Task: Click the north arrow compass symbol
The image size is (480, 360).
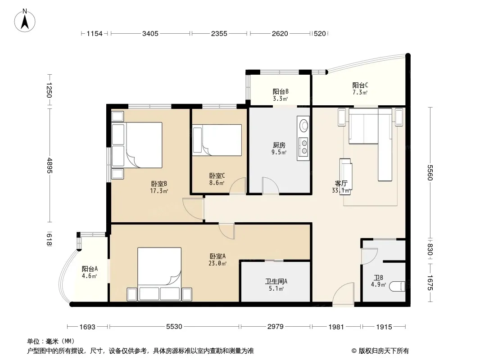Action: tap(25, 21)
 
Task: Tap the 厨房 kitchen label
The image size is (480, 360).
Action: tap(279, 145)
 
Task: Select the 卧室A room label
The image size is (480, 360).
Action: tap(217, 256)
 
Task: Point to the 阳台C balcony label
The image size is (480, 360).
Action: tap(360, 85)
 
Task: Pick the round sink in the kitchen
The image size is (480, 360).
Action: tap(303, 126)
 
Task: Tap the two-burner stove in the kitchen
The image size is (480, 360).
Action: tap(303, 147)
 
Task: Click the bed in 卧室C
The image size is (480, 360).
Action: tap(217, 140)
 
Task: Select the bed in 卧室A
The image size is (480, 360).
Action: tap(159, 274)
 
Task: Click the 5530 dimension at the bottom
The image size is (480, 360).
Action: tap(174, 327)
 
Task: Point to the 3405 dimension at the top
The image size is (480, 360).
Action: tap(150, 34)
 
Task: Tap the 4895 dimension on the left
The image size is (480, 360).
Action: tap(50, 166)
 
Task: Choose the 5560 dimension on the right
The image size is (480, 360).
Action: tap(430, 173)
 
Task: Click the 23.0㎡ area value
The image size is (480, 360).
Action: tap(217, 263)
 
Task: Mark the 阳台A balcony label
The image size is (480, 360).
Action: tap(90, 269)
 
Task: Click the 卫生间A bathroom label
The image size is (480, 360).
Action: tap(276, 281)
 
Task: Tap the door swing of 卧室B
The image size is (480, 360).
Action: tap(193, 209)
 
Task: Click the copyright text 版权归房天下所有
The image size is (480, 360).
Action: tap(383, 351)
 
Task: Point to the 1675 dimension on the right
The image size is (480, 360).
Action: tap(430, 283)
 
